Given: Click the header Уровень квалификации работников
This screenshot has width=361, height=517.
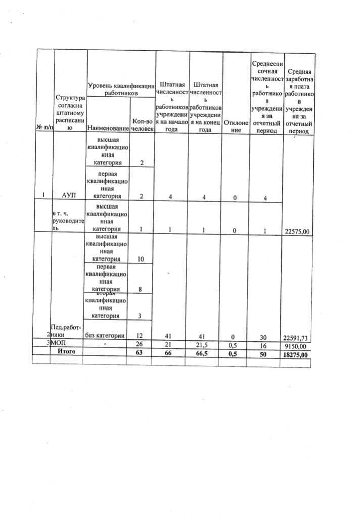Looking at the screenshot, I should tap(120, 89).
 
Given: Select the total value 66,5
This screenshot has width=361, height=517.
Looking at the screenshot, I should tap(205, 352).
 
